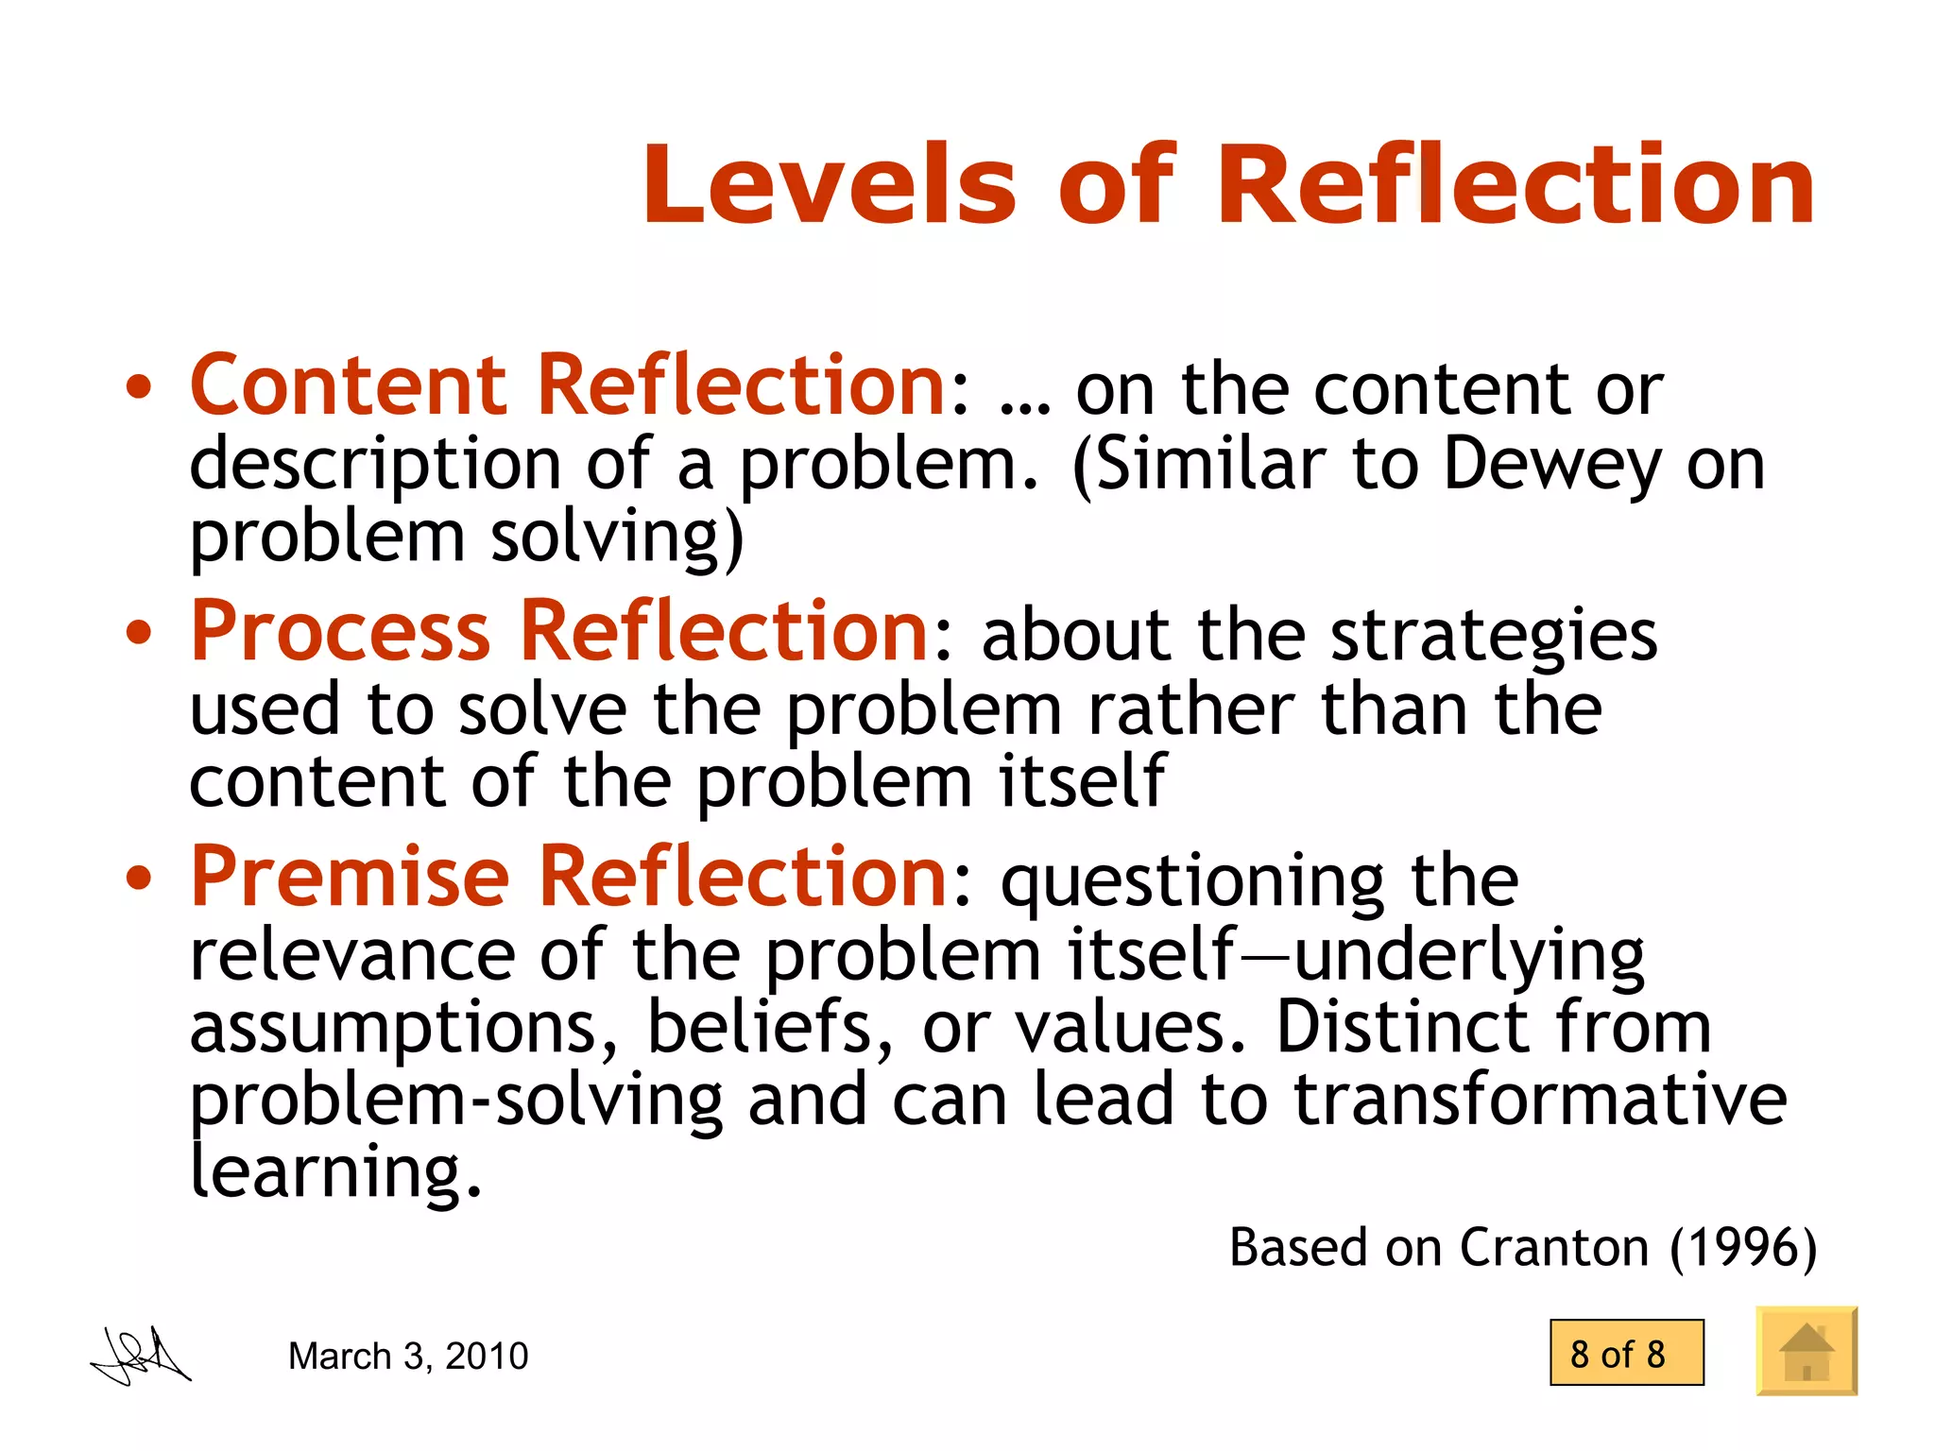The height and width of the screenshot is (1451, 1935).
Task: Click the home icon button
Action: [1807, 1351]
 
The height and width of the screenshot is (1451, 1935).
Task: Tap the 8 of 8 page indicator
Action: [1626, 1354]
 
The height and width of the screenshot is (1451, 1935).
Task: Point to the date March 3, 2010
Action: [408, 1356]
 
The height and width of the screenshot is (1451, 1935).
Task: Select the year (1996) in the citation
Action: [1742, 1247]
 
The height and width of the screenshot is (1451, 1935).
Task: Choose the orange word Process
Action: [340, 631]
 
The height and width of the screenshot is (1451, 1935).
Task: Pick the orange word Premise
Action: [350, 877]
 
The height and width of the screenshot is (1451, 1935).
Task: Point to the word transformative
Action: [1540, 1099]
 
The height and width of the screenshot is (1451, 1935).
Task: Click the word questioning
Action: [1192, 882]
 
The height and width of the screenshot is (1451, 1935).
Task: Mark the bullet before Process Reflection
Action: [139, 633]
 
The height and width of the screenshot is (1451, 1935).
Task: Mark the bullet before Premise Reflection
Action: [139, 879]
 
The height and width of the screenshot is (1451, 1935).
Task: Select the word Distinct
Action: [1402, 1027]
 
